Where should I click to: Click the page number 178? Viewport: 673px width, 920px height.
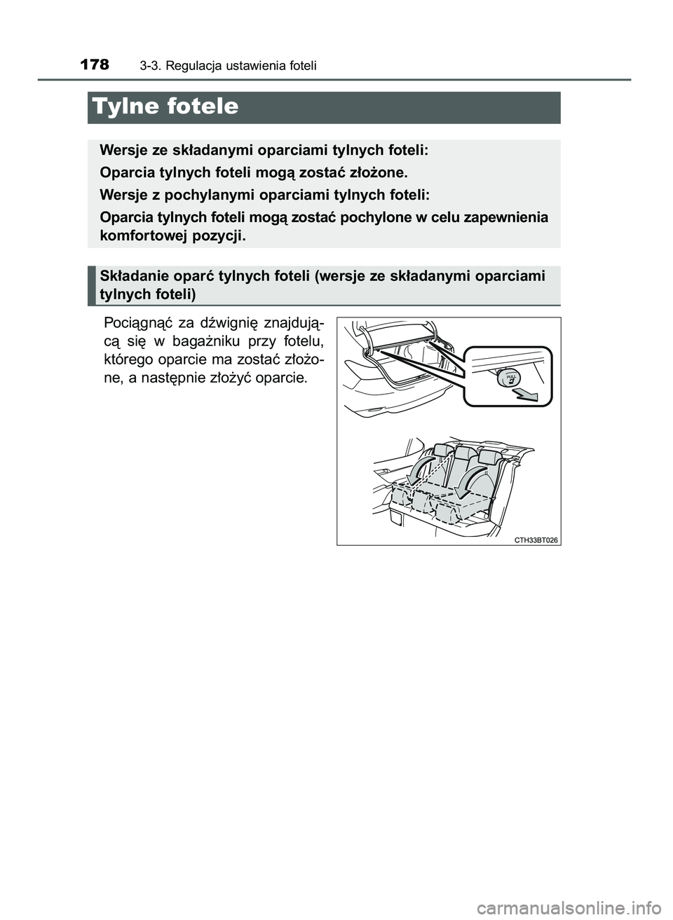pos(95,64)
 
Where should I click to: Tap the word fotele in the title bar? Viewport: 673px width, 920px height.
pos(203,107)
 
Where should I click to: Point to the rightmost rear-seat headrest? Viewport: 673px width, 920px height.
pos(489,458)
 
